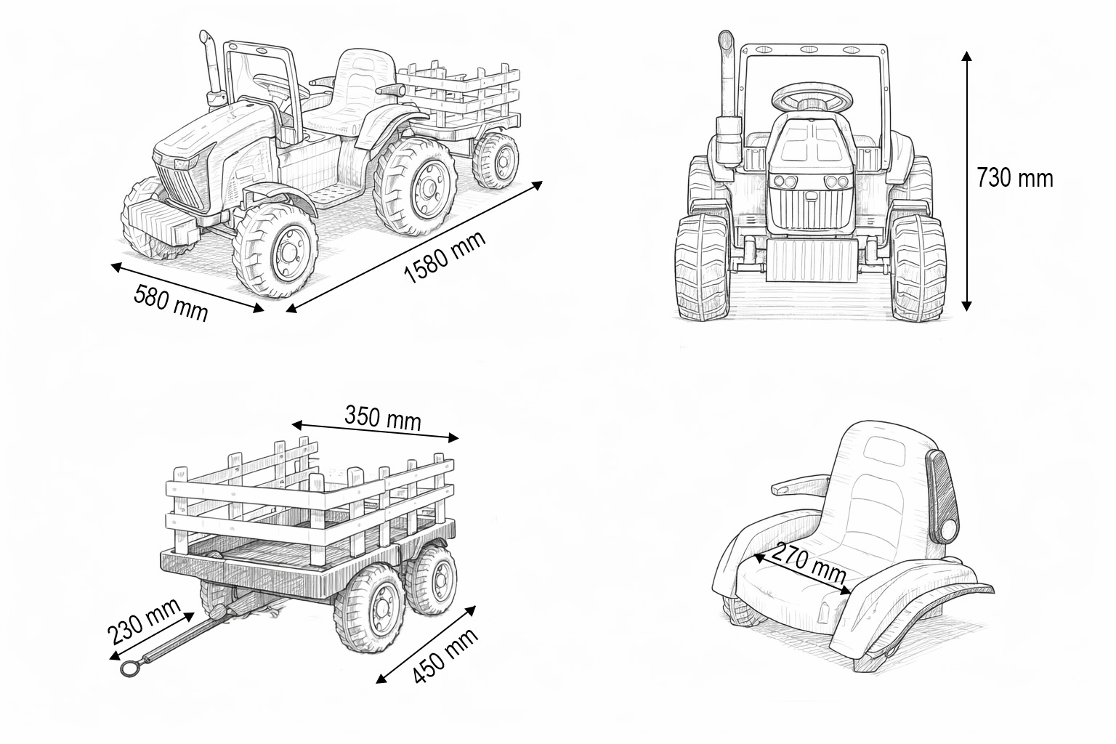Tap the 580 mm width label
171,302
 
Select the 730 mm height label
1014,177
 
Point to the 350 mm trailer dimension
382,418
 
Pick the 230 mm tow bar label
144,621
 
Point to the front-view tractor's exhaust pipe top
724,39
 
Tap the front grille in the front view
812,208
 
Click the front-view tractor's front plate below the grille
812,262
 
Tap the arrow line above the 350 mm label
376,430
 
